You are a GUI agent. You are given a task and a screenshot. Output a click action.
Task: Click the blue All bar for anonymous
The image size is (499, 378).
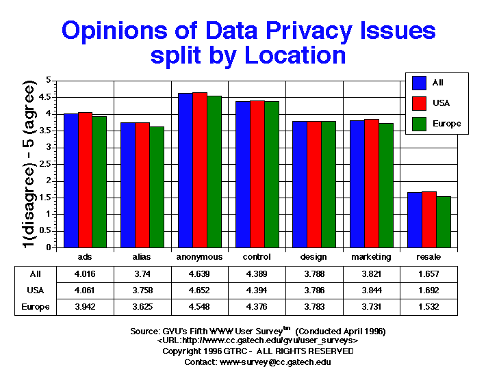pyautogui.click(x=185, y=170)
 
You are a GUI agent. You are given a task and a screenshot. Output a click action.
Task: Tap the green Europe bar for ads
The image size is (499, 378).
pyautogui.click(x=99, y=182)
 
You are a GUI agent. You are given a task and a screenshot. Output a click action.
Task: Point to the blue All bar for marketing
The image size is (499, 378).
pyautogui.click(x=357, y=184)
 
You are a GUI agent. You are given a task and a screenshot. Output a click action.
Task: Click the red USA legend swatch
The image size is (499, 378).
pyautogui.click(x=420, y=103)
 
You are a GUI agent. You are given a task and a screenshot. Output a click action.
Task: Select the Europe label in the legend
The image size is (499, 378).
pyautogui.click(x=446, y=124)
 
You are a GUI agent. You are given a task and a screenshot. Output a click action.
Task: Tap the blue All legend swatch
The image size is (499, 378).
pyautogui.click(x=420, y=83)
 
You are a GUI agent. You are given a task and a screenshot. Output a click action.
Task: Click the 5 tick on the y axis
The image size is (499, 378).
pyautogui.click(x=49, y=80)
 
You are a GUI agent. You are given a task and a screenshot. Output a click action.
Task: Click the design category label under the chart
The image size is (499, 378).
pyautogui.click(x=314, y=257)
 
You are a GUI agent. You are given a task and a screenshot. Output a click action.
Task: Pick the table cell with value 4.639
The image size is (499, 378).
pyautogui.click(x=199, y=274)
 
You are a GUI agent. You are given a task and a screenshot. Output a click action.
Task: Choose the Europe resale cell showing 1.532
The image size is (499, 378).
pyautogui.click(x=428, y=307)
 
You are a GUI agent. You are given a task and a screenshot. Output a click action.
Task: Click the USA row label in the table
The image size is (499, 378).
pyautogui.click(x=35, y=291)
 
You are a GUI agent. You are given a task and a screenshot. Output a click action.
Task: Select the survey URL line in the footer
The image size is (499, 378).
pyautogui.click(x=257, y=340)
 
